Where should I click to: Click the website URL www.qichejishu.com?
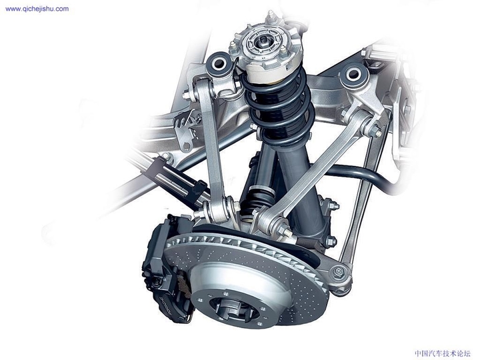coord(37,9)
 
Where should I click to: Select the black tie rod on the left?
coord(177,180)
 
